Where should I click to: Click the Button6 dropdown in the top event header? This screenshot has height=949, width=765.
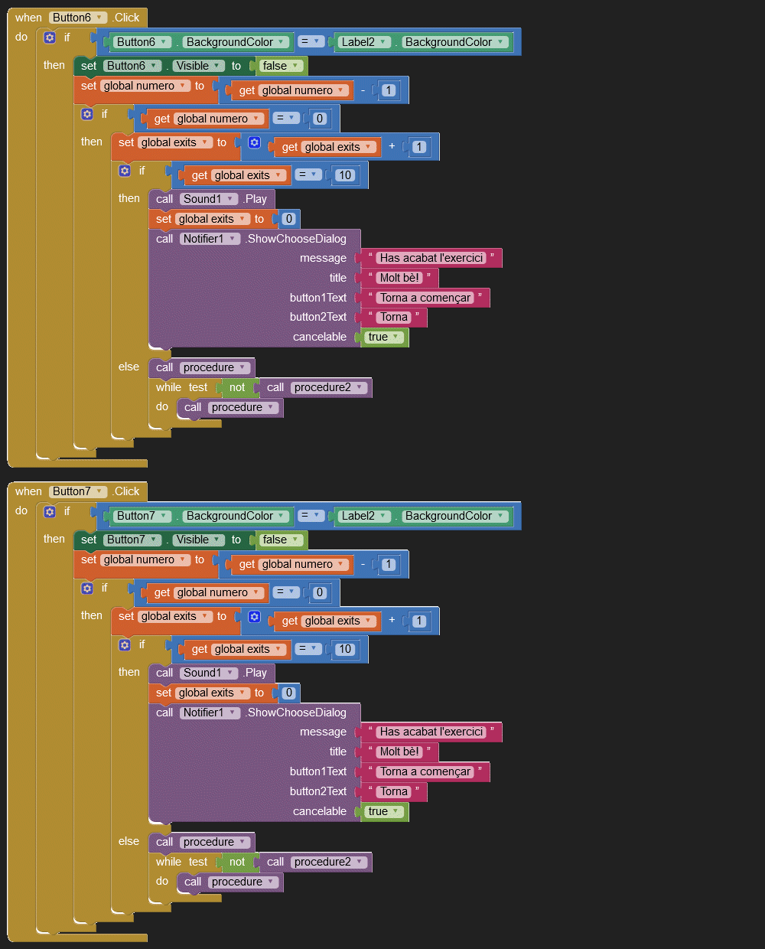pyautogui.click(x=78, y=18)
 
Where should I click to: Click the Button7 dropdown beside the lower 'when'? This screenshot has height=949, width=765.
pyautogui.click(x=78, y=491)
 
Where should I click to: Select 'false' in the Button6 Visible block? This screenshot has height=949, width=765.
pyautogui.click(x=279, y=66)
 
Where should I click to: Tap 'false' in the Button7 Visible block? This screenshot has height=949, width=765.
pyautogui.click(x=279, y=540)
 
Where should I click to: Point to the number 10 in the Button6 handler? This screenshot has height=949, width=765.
pyautogui.click(x=345, y=175)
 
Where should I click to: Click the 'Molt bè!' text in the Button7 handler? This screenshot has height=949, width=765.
pyautogui.click(x=399, y=752)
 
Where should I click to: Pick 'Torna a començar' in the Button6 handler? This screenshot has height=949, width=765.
pyautogui.click(x=425, y=298)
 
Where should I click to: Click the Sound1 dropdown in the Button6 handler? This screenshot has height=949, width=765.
pyautogui.click(x=208, y=199)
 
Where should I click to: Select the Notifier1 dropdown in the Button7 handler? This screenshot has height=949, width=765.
pyautogui.click(x=210, y=713)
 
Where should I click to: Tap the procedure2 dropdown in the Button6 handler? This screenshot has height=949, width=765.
pyautogui.click(x=328, y=387)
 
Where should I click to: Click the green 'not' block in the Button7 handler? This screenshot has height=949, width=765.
pyautogui.click(x=237, y=862)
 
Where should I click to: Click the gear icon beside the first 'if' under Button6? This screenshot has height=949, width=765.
pyautogui.click(x=50, y=38)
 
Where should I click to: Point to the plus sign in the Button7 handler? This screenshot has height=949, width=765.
pyautogui.click(x=392, y=620)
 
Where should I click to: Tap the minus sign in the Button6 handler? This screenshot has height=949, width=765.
pyautogui.click(x=363, y=90)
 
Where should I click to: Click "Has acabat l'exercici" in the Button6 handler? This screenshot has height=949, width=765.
pyautogui.click(x=431, y=258)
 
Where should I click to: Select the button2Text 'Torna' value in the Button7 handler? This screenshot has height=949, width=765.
pyautogui.click(x=394, y=791)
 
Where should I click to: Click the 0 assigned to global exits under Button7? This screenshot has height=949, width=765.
pyautogui.click(x=288, y=693)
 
